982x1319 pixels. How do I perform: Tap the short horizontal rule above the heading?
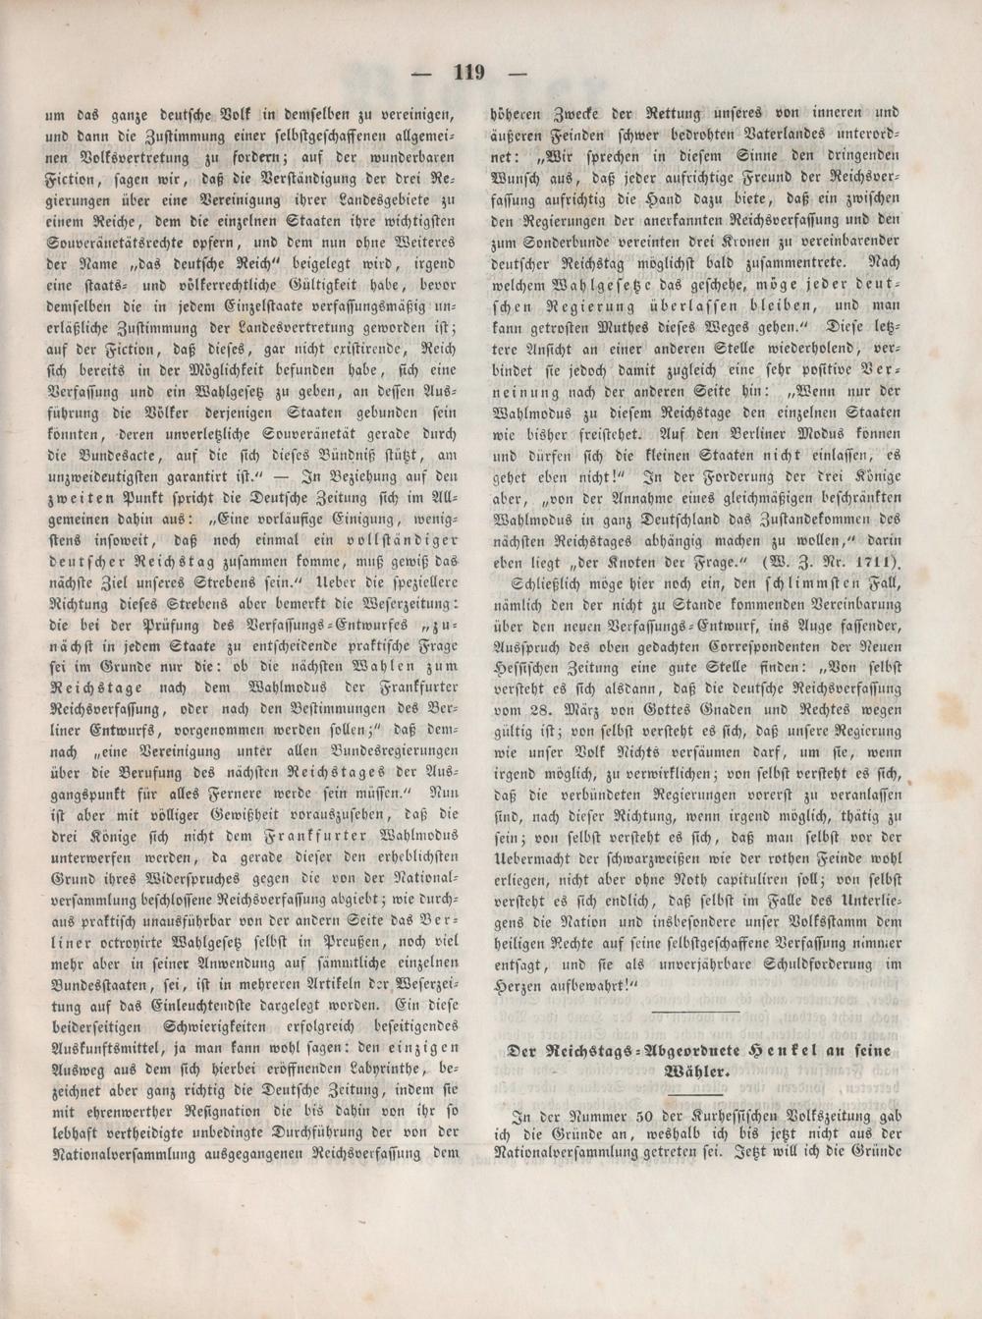click(x=694, y=1011)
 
